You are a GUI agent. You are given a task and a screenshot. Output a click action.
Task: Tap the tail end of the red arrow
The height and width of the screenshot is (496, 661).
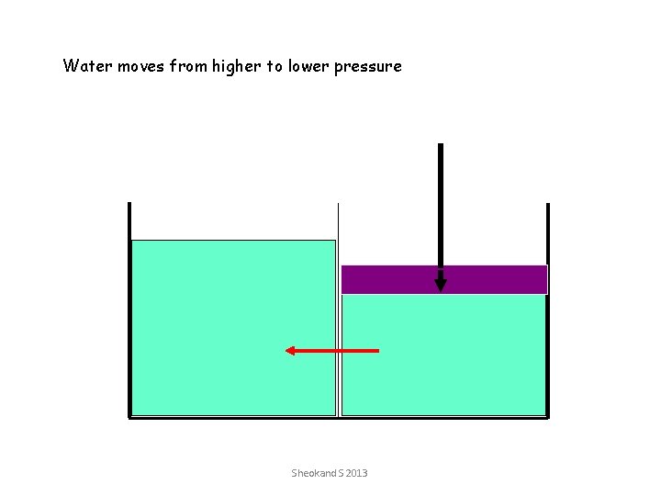click(x=376, y=350)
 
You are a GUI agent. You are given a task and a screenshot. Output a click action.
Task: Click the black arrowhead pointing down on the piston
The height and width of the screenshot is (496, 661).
click(x=441, y=284)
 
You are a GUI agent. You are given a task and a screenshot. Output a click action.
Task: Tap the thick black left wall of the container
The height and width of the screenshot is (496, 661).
click(x=129, y=312)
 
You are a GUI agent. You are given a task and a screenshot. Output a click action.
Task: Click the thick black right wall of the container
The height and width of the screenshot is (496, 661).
click(x=547, y=312)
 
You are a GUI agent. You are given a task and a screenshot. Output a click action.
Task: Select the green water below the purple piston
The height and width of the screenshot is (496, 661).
click(x=459, y=367)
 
